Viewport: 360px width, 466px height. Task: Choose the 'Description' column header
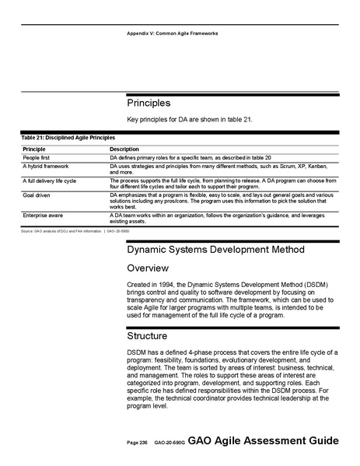[x=124, y=149]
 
